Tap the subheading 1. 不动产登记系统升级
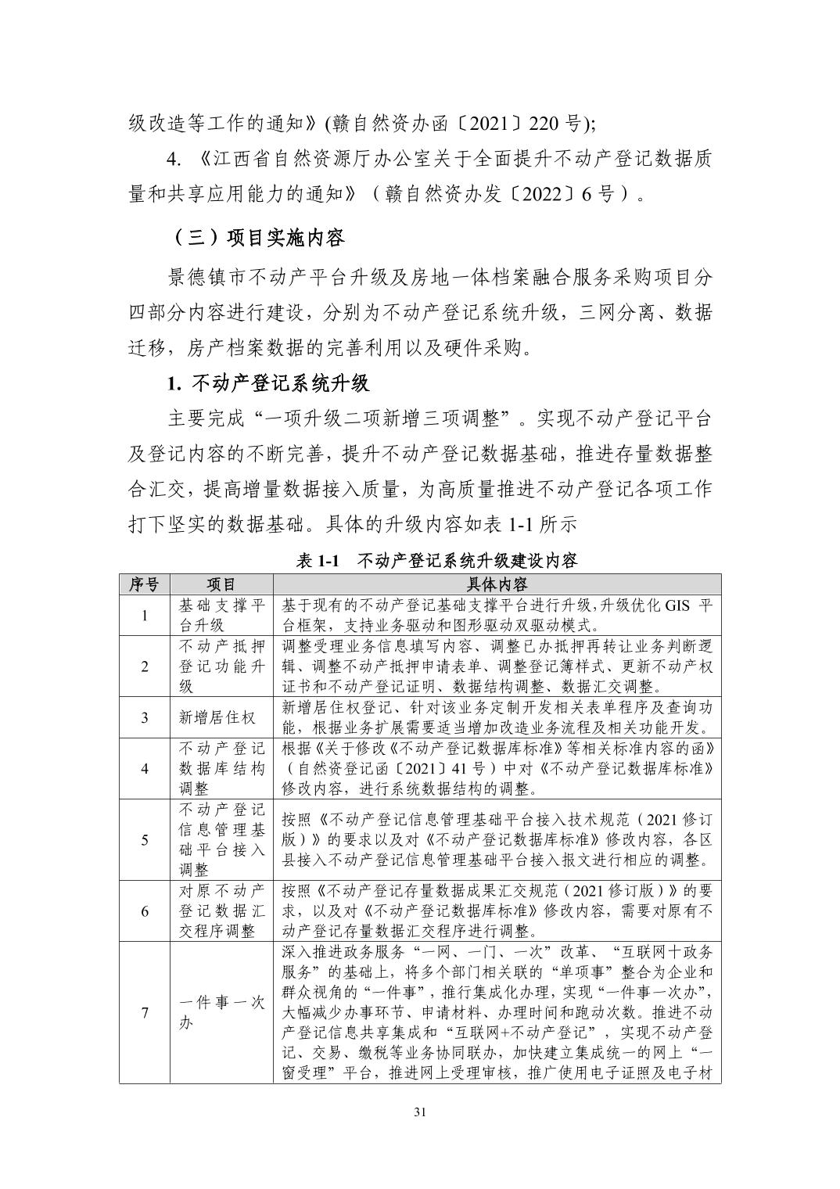point(268,384)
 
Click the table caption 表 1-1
point(321,560)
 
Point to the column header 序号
point(145,584)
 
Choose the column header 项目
point(221,584)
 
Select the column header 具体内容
point(497,584)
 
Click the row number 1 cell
point(145,616)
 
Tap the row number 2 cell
point(145,666)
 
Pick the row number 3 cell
point(145,717)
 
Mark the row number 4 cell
point(145,768)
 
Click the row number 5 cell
point(145,839)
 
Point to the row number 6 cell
point(145,911)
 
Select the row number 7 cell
point(145,1012)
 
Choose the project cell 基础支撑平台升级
point(221,616)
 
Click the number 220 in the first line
point(544,123)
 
